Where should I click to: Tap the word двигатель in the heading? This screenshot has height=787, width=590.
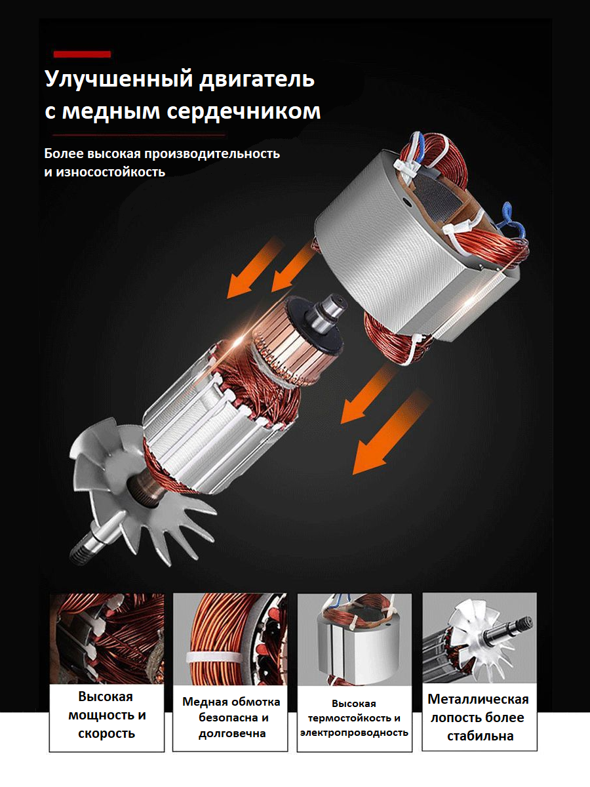click(x=257, y=79)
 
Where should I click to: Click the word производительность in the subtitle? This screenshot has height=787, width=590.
click(x=212, y=154)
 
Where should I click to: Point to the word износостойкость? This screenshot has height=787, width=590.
click(x=109, y=172)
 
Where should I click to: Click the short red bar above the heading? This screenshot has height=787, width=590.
click(x=82, y=54)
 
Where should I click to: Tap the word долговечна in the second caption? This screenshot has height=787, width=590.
click(x=232, y=734)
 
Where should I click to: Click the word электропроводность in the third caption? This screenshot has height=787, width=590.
click(x=354, y=733)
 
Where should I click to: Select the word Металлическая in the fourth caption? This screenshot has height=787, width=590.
click(x=479, y=699)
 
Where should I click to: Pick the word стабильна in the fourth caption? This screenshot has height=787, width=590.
click(x=480, y=736)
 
